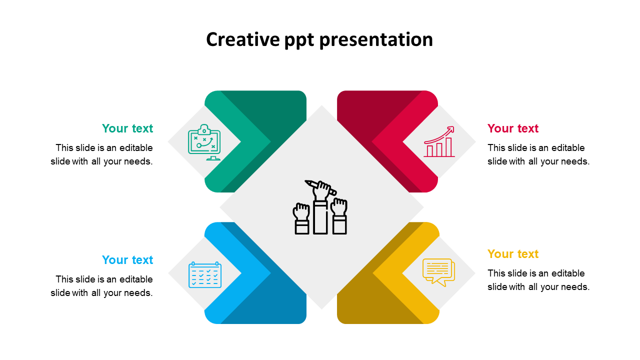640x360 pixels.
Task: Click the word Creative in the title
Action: tap(235, 39)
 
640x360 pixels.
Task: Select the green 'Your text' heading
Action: tap(127, 128)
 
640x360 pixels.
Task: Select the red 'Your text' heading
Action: tap(513, 128)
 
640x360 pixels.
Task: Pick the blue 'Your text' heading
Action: tap(127, 260)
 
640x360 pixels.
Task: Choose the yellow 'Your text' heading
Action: tap(513, 254)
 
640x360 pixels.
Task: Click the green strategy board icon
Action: tap(204, 141)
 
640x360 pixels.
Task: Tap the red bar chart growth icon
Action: tap(439, 142)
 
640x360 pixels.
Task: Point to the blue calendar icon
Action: tap(204, 274)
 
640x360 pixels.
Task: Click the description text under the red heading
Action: tap(538, 154)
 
